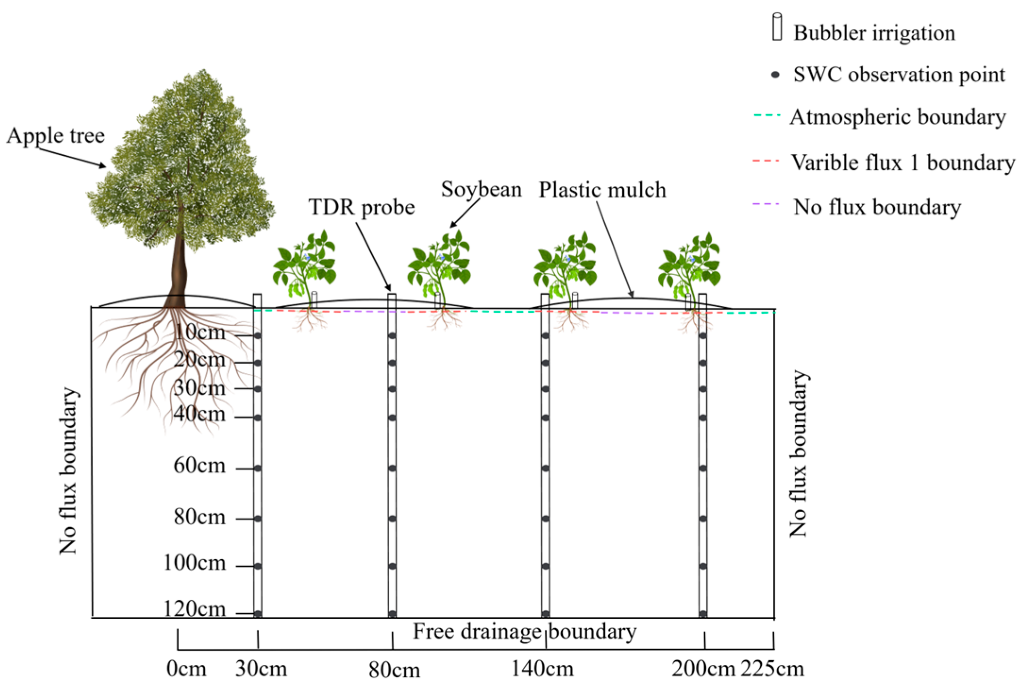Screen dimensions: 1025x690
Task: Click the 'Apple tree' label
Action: click(56, 136)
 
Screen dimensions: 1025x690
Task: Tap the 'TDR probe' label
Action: click(361, 207)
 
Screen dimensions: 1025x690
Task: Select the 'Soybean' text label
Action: click(481, 189)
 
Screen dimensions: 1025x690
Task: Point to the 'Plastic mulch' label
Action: click(602, 190)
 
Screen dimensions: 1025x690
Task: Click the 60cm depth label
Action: click(200, 465)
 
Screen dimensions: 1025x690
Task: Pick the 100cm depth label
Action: click(194, 563)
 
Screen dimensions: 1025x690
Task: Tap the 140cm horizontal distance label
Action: click(542, 669)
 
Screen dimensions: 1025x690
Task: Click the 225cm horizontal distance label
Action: click(772, 669)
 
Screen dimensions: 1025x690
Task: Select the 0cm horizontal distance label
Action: click(186, 669)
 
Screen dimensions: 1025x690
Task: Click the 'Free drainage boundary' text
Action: click(525, 631)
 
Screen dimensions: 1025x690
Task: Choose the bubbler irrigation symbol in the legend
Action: click(777, 27)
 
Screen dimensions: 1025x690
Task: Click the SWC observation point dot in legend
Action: click(775, 75)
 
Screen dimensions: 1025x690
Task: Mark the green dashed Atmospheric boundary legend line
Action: click(767, 115)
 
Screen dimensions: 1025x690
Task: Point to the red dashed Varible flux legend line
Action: click(766, 161)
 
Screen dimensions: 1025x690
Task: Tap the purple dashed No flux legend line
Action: click(766, 204)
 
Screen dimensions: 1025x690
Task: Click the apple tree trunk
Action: click(178, 269)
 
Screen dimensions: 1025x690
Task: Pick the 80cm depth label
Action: click(200, 517)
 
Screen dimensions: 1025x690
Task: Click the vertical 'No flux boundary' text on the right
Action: click(798, 453)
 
